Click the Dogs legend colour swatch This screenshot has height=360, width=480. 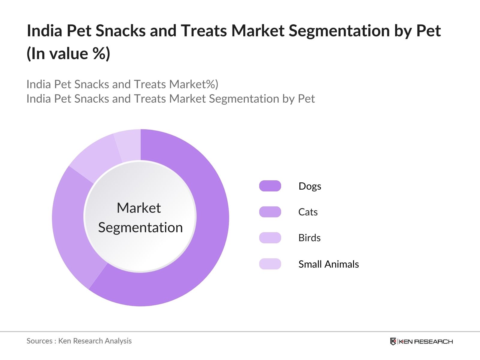(x=270, y=186)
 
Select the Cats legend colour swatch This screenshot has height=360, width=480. (x=270, y=212)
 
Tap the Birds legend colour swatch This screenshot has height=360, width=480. (x=270, y=238)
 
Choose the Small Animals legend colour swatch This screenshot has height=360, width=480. (x=270, y=264)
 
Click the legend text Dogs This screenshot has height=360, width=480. (x=310, y=186)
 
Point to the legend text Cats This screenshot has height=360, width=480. (x=308, y=212)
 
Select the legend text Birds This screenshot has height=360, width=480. (x=309, y=238)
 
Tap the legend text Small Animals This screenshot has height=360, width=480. (x=328, y=264)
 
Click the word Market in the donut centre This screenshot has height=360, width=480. (x=139, y=208)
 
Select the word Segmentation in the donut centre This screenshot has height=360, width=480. (x=140, y=227)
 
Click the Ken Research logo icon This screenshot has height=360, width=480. (x=393, y=341)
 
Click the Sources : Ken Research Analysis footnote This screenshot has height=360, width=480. (x=79, y=341)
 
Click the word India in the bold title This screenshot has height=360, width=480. (x=44, y=31)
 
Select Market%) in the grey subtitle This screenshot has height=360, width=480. (x=193, y=84)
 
